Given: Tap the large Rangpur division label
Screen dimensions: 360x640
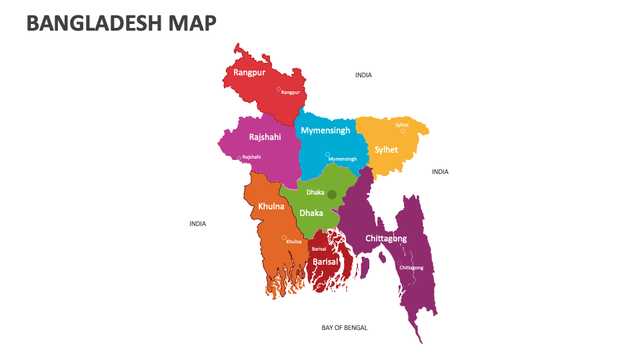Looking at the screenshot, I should coord(249,72).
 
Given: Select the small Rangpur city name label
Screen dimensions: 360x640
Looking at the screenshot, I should coord(291,93).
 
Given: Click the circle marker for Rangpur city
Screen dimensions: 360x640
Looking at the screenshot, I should coord(279,89).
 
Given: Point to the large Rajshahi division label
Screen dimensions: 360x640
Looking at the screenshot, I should coord(265,137).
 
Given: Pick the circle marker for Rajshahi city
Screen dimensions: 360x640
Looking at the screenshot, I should coord(239,158).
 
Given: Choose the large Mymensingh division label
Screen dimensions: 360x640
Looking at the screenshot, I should coord(325,130).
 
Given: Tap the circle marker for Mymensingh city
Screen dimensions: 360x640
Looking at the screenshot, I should coord(327,154).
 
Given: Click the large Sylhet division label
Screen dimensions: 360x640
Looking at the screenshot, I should coord(386,149).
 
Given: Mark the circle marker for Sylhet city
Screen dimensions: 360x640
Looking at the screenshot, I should coord(403,131).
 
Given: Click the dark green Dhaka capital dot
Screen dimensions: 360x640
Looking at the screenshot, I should coord(332,194).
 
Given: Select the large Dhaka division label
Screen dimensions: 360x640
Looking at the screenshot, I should coord(311,213).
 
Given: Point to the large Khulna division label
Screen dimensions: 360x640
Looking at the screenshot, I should coord(271,207).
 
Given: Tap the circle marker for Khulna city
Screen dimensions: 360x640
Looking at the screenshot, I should coord(285,237).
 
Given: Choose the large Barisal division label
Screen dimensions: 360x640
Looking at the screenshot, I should coord(325,262).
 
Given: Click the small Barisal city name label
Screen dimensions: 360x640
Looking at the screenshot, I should coord(319,249).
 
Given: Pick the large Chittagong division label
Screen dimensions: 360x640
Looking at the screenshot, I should coord(386,238).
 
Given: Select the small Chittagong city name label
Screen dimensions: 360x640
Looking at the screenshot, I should coord(411,267).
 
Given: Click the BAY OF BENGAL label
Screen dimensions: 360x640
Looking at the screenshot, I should coord(344,327).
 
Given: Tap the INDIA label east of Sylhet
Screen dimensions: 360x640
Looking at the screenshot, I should coord(440,171).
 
